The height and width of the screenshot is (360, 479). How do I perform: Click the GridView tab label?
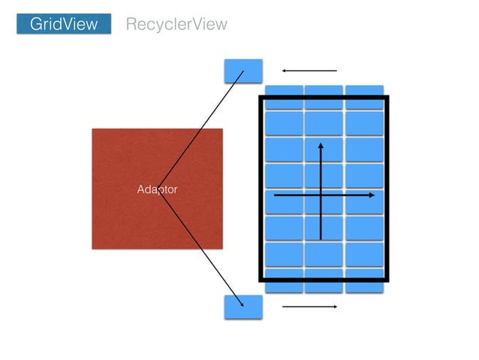pos(64,24)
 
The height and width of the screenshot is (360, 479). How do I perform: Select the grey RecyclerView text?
pos(176,25)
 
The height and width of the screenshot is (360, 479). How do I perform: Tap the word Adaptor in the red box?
pos(157,189)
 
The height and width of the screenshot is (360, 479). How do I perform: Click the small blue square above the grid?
pos(243,71)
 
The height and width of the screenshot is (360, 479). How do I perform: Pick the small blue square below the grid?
pos(243,307)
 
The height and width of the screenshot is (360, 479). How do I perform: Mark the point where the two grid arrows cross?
pos(321,195)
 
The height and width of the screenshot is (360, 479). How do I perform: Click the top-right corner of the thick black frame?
pos(387,98)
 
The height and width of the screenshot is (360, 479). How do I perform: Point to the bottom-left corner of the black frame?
pos(261,280)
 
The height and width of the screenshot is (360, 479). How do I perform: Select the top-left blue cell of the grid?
pos(284,91)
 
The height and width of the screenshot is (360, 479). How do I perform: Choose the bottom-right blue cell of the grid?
pos(364,285)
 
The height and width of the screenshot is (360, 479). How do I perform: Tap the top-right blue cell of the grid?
pos(364,91)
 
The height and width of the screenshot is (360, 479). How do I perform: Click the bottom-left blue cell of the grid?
pos(284,285)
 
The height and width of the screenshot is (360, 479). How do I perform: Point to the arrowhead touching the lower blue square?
pos(242,304)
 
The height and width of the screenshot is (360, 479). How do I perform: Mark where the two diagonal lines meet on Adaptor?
pos(158,189)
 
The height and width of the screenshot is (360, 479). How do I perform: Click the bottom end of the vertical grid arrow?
pos(321,240)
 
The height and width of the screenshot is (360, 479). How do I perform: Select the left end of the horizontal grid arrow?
pos(275,195)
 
